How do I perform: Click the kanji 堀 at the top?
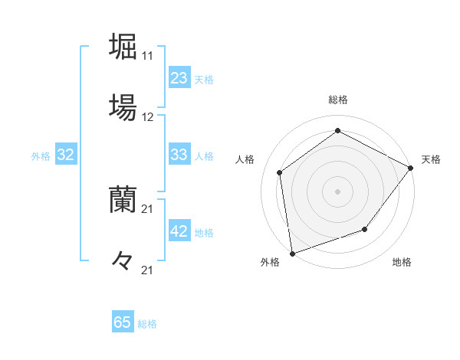click(123, 46)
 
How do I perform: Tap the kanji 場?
click(123, 107)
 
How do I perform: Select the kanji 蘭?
click(123, 200)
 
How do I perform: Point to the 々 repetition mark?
click(123, 261)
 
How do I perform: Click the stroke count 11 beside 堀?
click(147, 56)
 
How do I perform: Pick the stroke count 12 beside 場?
click(147, 117)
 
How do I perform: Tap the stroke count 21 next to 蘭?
click(147, 209)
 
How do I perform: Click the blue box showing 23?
click(179, 78)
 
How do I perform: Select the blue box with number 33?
click(179, 155)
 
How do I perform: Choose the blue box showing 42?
click(179, 231)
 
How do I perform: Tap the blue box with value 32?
click(66, 155)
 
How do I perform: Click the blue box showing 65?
click(123, 322)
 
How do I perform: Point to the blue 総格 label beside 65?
click(147, 324)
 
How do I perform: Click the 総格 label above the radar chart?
click(338, 100)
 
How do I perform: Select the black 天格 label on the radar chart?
click(431, 159)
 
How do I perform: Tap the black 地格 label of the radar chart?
click(402, 263)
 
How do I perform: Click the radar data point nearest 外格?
click(292, 253)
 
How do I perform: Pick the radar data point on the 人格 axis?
click(280, 172)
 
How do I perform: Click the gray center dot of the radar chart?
click(338, 191)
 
